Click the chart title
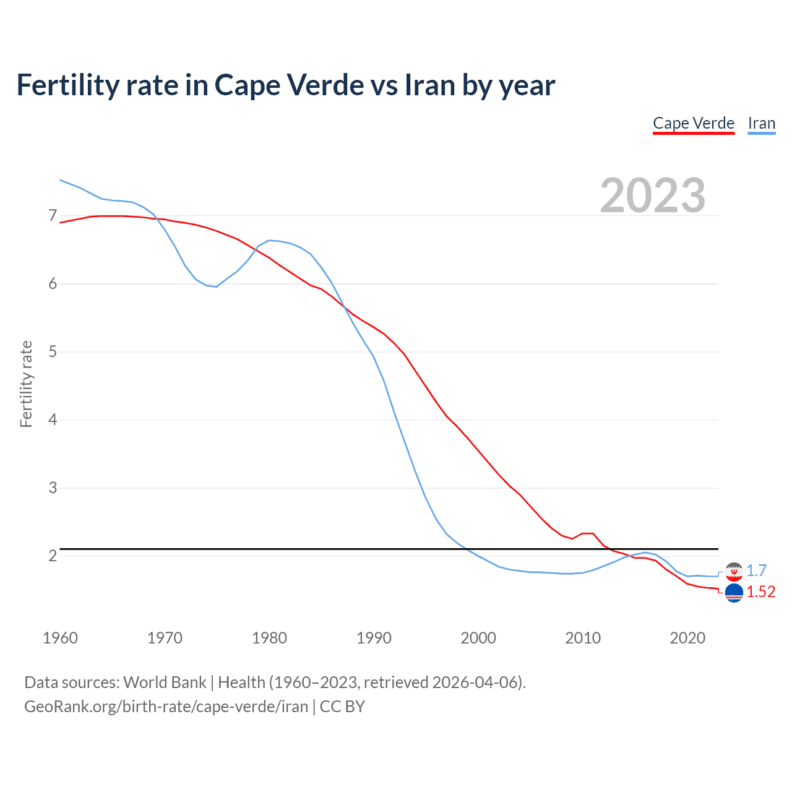pos(285,85)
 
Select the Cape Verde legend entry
pos(694,123)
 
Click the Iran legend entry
pos(761,123)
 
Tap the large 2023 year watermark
pos(652,196)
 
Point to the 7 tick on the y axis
pos(53,216)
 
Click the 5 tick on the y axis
pos(53,352)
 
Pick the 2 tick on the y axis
pos(53,556)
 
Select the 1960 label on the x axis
pos(60,638)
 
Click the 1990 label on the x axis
pos(374,638)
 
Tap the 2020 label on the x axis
pos(687,638)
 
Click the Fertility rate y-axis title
pos(26,384)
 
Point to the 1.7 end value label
pos(756,570)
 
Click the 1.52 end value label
pos(760,592)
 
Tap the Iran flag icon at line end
pos(734,572)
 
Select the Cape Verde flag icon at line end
pos(734,593)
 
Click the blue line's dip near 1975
pos(216,286)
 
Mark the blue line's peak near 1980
pos(269,240)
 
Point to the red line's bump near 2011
pos(588,533)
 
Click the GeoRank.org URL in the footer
pos(166,707)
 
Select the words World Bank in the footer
pos(165,682)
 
